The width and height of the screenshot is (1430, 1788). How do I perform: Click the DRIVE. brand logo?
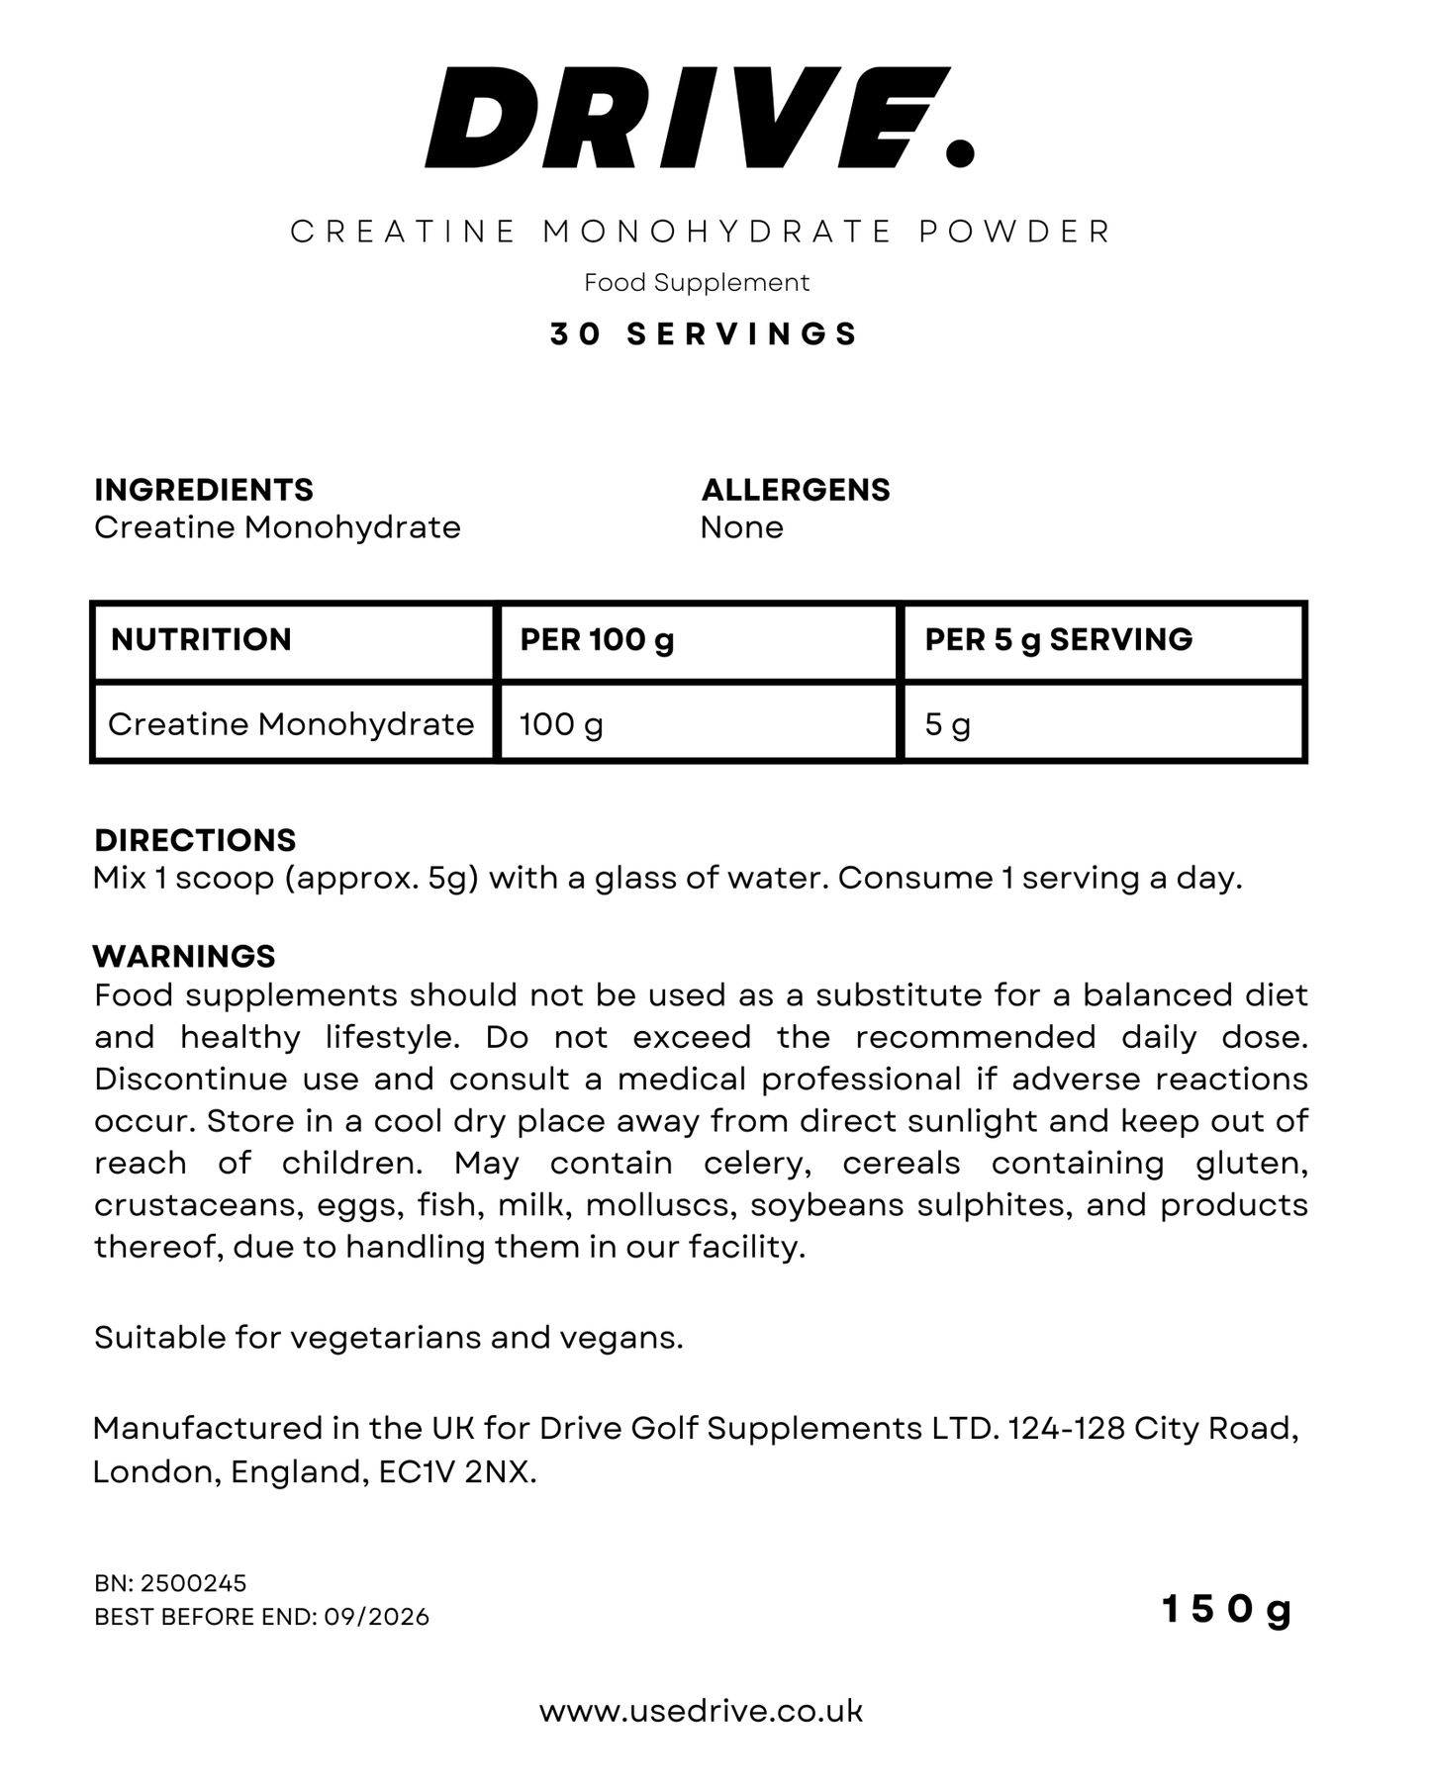pos(699,118)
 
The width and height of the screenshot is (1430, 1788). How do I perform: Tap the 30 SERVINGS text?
pos(704,334)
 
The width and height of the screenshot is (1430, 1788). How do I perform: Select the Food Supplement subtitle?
pos(697,283)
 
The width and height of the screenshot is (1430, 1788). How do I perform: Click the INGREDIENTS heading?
pos(204,490)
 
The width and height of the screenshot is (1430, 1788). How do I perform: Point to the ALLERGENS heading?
pos(796,490)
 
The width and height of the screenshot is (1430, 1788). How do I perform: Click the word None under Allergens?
pos(741,527)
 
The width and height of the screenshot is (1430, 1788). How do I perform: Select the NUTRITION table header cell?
pos(202,640)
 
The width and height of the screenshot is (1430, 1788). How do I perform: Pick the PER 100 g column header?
pos(597,640)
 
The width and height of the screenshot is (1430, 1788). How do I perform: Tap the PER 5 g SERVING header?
pos(1058,640)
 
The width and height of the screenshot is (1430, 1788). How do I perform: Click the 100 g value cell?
pos(561,724)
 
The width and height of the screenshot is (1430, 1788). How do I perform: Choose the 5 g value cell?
pos(947,724)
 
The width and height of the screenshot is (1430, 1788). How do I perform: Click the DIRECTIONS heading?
pos(195,840)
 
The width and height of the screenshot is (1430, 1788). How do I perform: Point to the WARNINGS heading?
pos(184,956)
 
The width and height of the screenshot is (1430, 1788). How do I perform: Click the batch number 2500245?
pos(193,1583)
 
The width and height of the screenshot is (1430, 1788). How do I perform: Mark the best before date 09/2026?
pos(377,1617)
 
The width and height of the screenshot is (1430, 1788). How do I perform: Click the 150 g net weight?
pos(1226,1610)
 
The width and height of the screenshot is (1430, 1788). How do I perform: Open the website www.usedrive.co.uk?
pos(701,1712)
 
